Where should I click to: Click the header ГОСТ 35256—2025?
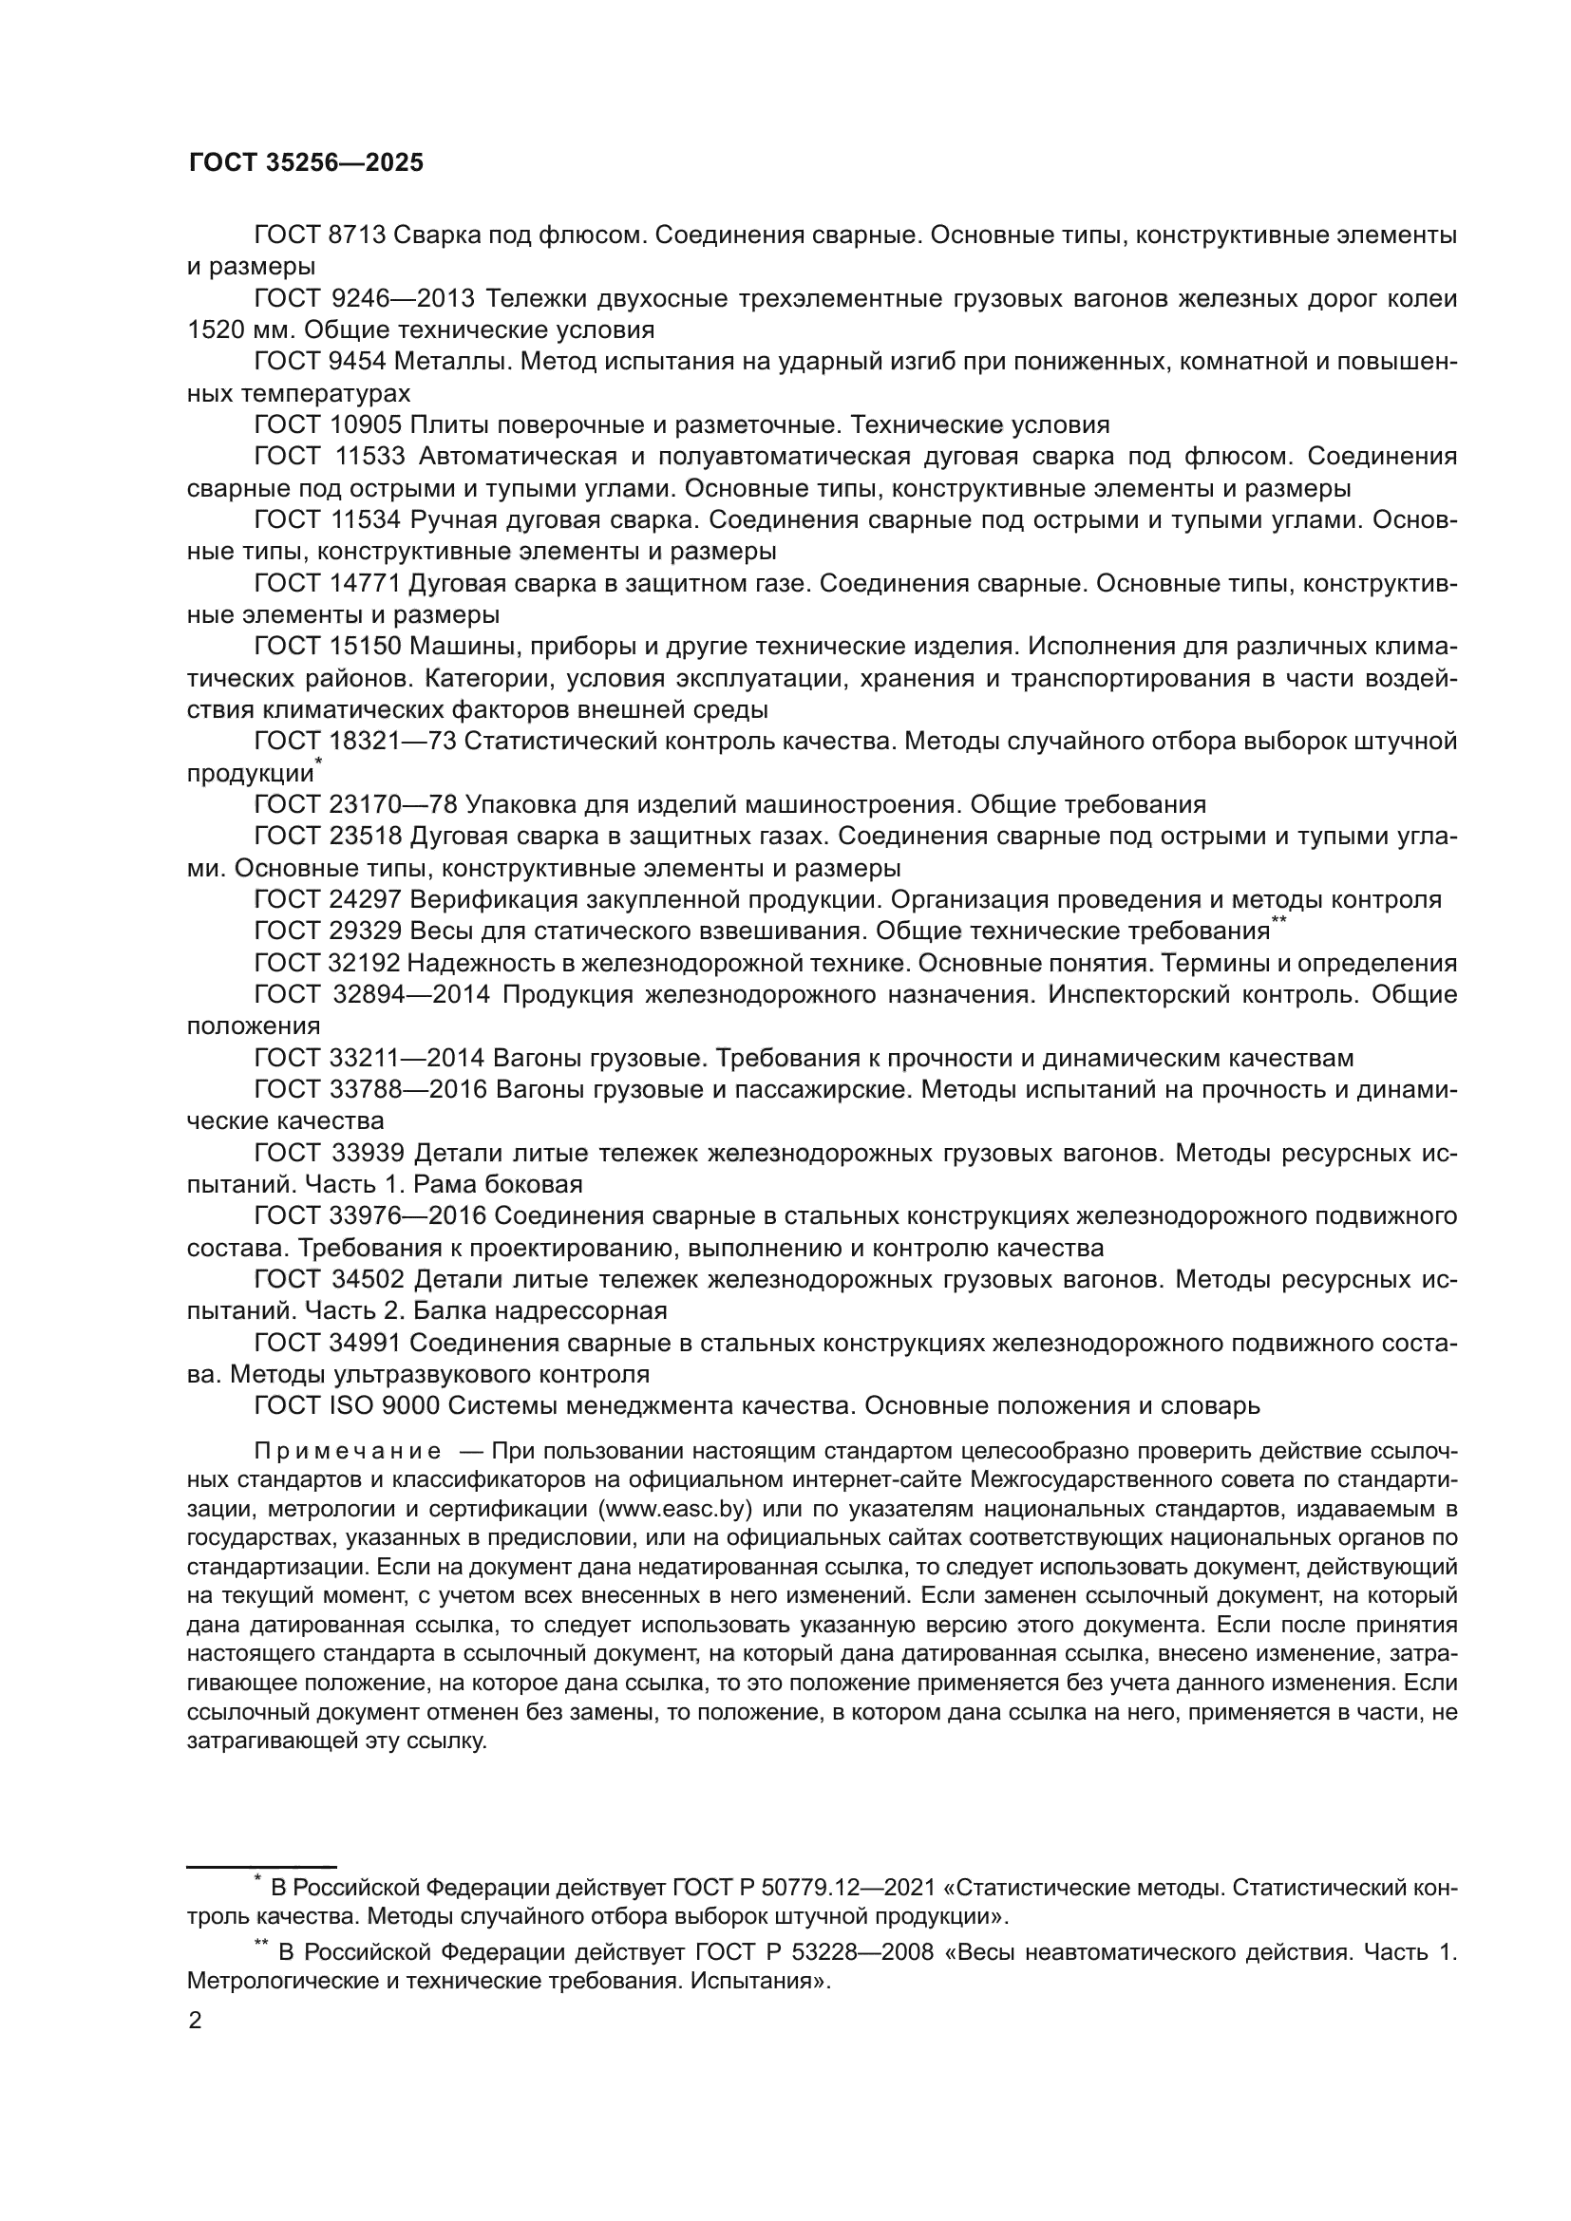pos(306,162)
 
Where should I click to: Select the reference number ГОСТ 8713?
pos(319,235)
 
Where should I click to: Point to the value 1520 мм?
pos(229,329)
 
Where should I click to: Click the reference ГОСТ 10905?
pos(327,424)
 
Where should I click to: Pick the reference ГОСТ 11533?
pos(329,457)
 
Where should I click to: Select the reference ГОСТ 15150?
pos(327,647)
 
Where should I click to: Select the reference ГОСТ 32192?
pos(327,964)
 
